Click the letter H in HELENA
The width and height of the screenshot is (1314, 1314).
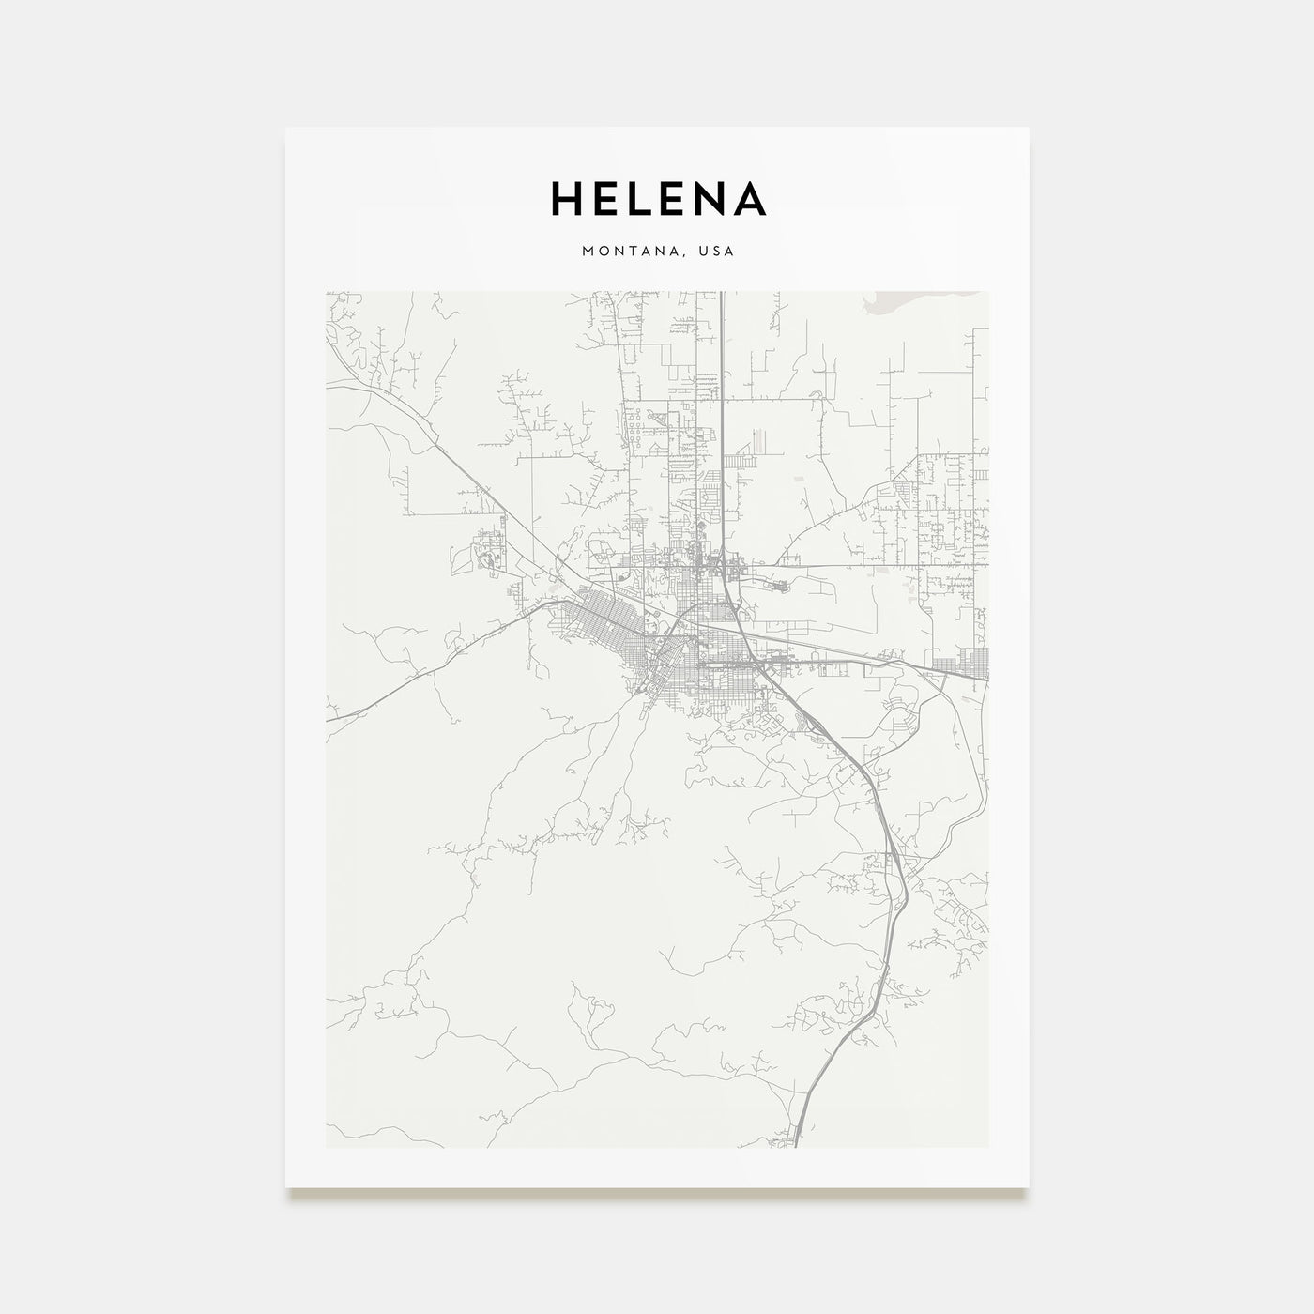[567, 198]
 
